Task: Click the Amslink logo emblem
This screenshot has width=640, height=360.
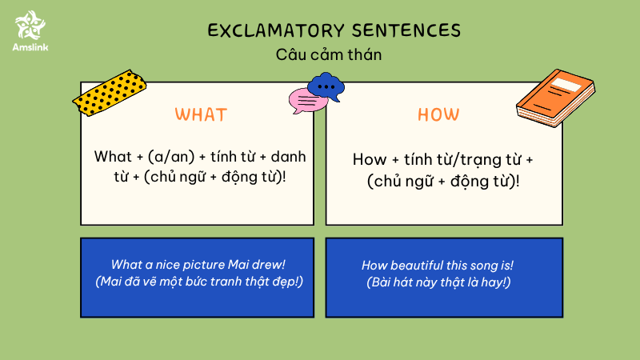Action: point(30,25)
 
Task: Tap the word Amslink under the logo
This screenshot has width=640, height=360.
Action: point(30,47)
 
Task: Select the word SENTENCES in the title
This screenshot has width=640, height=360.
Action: point(406,30)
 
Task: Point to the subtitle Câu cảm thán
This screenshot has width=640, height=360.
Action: point(329,54)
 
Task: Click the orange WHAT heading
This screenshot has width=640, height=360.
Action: point(201,114)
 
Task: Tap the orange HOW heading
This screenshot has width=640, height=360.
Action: point(438,114)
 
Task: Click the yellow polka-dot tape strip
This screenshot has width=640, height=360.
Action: point(110,93)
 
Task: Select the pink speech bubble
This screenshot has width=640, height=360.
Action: point(306,102)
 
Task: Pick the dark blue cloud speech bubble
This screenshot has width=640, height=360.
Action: point(326,86)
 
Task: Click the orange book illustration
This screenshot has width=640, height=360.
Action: point(555,98)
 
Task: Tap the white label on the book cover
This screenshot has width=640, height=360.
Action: point(566,85)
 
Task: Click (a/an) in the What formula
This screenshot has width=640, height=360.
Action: point(171,157)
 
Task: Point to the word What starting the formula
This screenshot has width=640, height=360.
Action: point(113,157)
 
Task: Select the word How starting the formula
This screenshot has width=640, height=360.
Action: point(370,159)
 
